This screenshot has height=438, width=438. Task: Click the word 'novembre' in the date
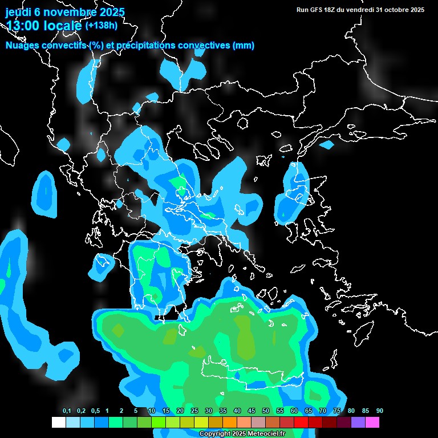coord(67,12)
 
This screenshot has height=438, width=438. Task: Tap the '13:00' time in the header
coord(22,26)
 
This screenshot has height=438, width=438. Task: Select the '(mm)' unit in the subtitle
coord(244,46)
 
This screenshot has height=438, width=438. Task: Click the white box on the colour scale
coord(58,423)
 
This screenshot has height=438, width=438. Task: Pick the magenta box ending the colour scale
coord(372,423)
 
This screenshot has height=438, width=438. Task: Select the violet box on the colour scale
coord(358,423)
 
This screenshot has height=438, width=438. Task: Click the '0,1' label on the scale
coord(67,411)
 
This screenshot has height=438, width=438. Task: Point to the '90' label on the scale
coord(380,411)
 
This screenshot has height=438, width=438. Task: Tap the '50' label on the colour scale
coord(266,411)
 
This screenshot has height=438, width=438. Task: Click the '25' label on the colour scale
coord(194,411)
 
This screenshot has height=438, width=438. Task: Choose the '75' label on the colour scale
coord(337,411)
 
